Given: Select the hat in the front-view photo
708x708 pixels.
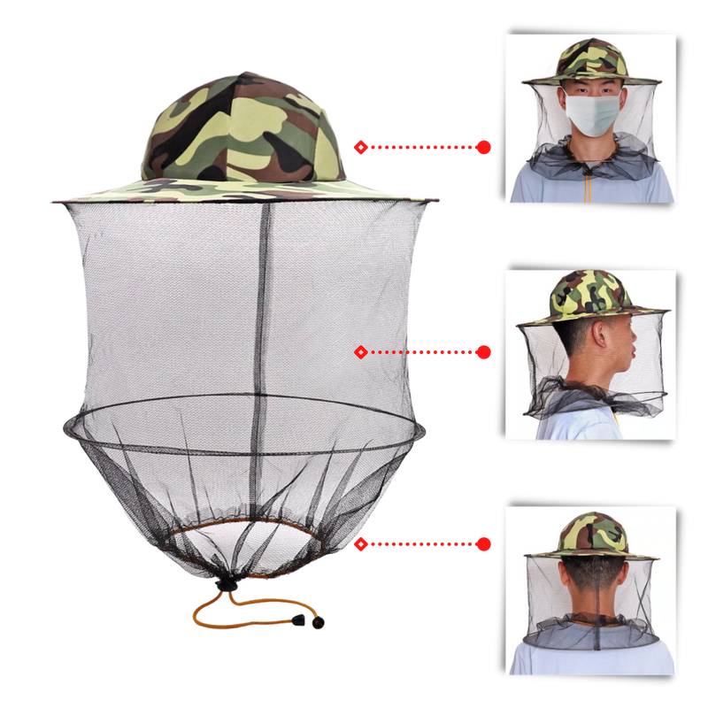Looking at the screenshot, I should click(x=589, y=62).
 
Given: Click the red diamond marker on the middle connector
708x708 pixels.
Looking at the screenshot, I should click(x=360, y=352).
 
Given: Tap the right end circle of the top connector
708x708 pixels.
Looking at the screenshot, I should click(x=483, y=147).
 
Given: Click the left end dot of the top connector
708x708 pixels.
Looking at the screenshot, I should click(x=358, y=147).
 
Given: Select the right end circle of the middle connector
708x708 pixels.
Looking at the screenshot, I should click(x=484, y=352).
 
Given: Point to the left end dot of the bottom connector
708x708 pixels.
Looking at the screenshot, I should click(x=358, y=544).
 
